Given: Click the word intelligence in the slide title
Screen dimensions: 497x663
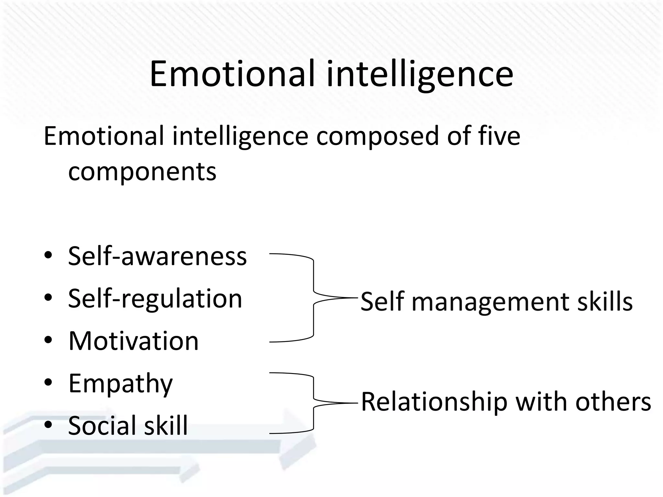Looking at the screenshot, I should click(x=420, y=75).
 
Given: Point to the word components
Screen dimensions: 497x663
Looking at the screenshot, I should click(x=142, y=172).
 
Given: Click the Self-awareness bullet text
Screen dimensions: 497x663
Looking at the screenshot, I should click(x=157, y=256).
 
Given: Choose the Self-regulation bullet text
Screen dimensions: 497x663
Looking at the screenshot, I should click(x=155, y=299).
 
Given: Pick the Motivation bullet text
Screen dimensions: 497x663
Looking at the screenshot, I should click(x=133, y=341).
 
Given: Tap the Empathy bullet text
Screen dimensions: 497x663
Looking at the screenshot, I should click(x=120, y=384).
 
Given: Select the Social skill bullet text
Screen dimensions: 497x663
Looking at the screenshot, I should click(x=128, y=425).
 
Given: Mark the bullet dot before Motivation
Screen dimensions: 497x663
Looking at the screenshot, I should click(x=48, y=341).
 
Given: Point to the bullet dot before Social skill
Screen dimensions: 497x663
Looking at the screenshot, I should click(x=48, y=425).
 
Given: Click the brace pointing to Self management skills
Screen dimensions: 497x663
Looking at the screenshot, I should click(x=313, y=298).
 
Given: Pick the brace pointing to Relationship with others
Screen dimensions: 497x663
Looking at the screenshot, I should click(x=313, y=403).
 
